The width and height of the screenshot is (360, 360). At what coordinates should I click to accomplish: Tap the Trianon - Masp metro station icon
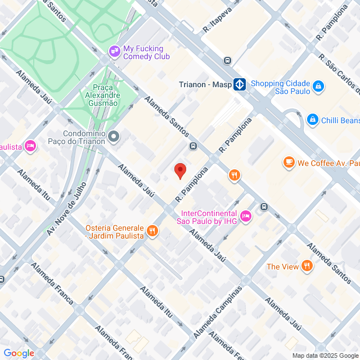point(240,84)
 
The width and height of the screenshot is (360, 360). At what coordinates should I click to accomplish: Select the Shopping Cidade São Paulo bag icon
point(318,86)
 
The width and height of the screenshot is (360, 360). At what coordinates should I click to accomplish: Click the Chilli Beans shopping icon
point(312,120)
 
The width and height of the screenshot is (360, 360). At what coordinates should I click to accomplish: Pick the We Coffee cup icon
point(289,163)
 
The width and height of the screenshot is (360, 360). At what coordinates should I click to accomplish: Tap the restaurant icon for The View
point(307,266)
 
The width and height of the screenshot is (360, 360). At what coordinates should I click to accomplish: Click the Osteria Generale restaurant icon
point(152,231)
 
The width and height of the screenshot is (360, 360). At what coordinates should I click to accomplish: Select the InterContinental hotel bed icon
point(245,216)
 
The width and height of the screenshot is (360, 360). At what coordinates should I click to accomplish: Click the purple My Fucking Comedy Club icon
point(115,52)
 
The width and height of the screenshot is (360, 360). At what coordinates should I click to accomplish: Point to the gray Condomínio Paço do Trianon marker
point(114,136)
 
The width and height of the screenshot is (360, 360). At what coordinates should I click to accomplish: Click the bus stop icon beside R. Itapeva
point(227,61)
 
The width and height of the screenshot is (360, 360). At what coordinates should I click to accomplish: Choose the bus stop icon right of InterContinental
point(264,206)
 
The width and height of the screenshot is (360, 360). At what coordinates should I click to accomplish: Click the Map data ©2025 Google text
point(325,355)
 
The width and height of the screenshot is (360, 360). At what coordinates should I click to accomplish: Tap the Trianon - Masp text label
point(204,84)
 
